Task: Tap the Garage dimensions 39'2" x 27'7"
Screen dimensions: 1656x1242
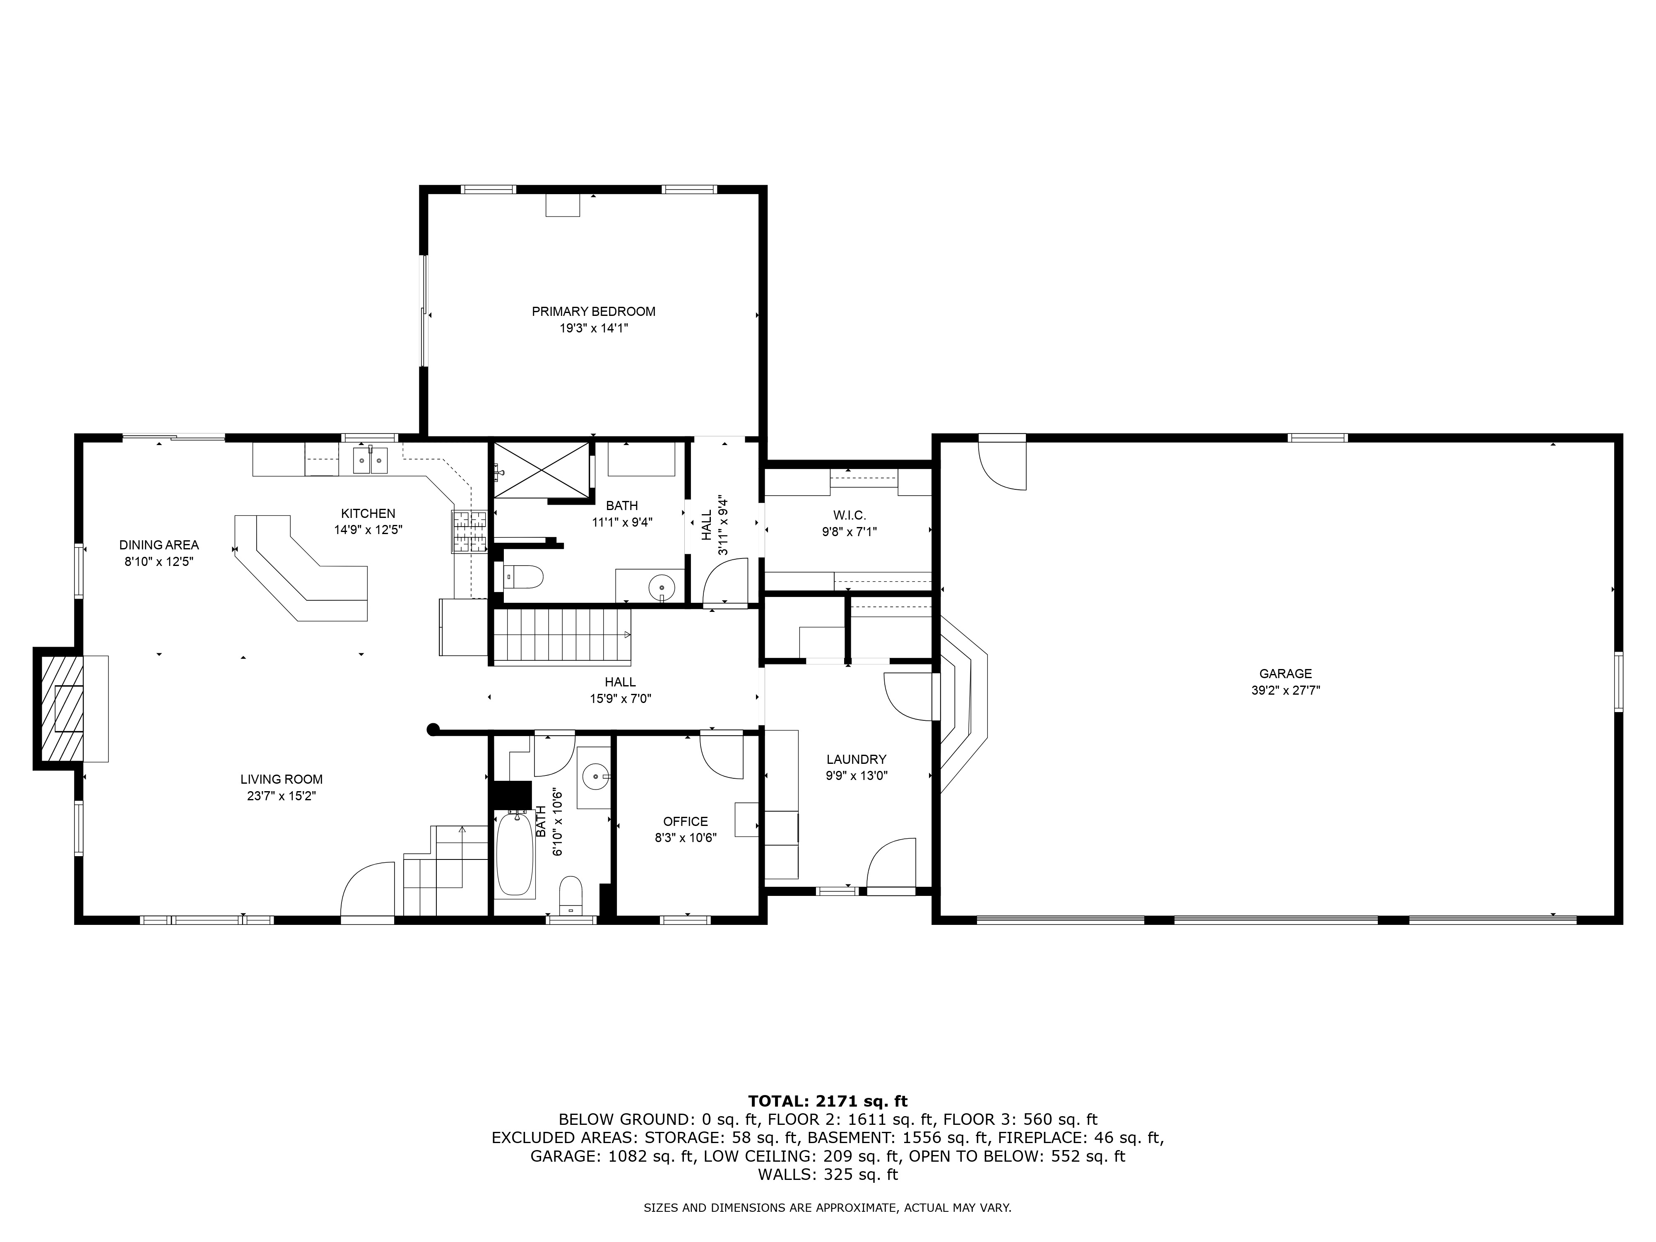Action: coord(1285,690)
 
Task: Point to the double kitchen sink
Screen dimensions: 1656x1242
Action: coord(371,459)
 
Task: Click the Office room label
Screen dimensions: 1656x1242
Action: coord(685,821)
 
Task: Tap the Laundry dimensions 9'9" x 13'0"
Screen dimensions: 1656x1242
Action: coord(857,775)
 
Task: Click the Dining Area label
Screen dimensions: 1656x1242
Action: coord(159,545)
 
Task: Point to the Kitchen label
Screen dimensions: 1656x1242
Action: coord(368,514)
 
